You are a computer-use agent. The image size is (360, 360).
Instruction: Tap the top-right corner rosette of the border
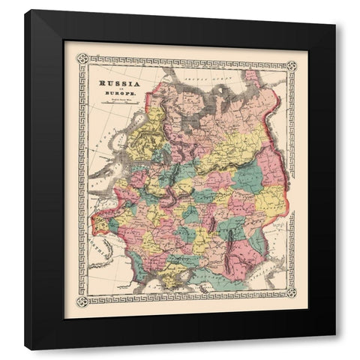pyautogui.click(x=292, y=59)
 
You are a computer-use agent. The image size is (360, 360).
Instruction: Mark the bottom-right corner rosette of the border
pyautogui.click(x=292, y=301)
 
